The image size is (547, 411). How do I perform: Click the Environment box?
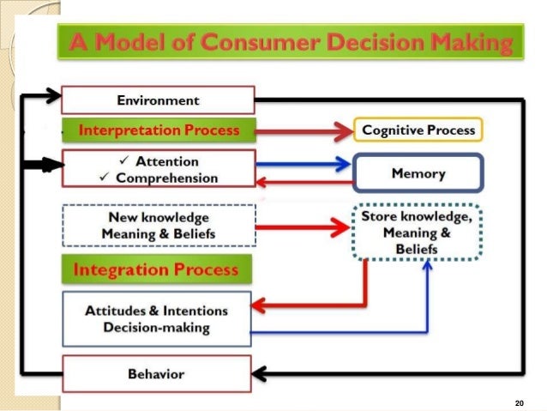coord(159,100)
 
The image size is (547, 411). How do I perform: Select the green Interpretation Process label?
coord(159,130)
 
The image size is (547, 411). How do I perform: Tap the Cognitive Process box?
coord(419,130)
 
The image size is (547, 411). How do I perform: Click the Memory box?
coord(418,173)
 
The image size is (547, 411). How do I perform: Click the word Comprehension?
coord(166,178)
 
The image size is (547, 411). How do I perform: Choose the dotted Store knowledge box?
coord(418,232)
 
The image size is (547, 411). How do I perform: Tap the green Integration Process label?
coord(156,270)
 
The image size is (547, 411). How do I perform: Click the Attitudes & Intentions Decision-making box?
coord(158,319)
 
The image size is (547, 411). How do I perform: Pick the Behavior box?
coord(158,374)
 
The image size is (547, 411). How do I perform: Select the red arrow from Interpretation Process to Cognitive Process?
coord(304,130)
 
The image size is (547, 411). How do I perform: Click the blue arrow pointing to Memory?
coord(304,162)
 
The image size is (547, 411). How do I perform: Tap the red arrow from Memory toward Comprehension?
coord(304,180)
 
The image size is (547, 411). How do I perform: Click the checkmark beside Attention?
coord(126,161)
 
